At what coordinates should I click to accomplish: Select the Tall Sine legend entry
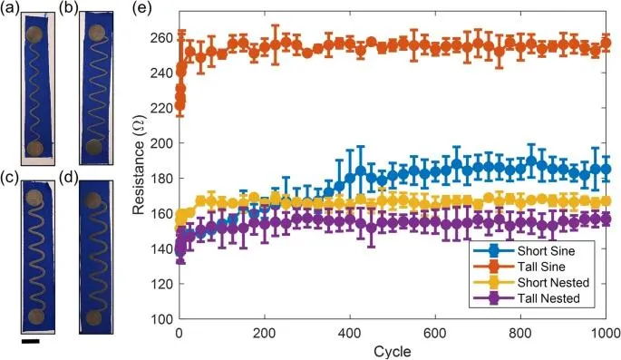[x=522, y=267]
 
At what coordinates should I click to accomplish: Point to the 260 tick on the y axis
[x=161, y=38]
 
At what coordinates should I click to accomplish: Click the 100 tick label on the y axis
[x=161, y=319]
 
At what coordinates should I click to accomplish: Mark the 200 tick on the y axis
[x=161, y=143]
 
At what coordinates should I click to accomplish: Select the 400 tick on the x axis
[x=350, y=331]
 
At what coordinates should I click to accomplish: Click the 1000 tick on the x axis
[x=606, y=331]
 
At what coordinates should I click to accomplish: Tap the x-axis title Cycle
[x=392, y=351]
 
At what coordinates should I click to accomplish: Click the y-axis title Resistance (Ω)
[x=139, y=166]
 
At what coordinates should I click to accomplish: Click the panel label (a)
[x=9, y=8]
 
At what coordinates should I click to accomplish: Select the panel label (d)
[x=68, y=178]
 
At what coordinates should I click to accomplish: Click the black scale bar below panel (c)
[x=31, y=341]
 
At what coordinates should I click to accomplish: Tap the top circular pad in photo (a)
[x=34, y=34]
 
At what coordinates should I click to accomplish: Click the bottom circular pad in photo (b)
[x=94, y=147]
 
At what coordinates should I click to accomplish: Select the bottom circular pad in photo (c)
[x=36, y=317]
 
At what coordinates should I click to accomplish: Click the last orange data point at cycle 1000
[x=606, y=43]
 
